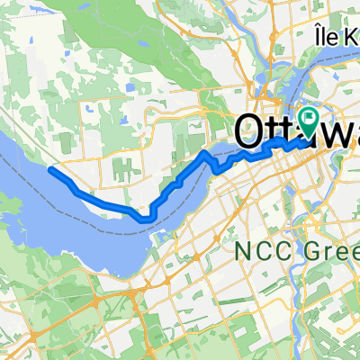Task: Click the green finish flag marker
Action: point(310,117)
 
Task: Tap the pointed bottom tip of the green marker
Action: point(310,138)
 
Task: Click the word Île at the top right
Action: point(327,37)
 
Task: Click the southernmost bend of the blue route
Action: point(144,217)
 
